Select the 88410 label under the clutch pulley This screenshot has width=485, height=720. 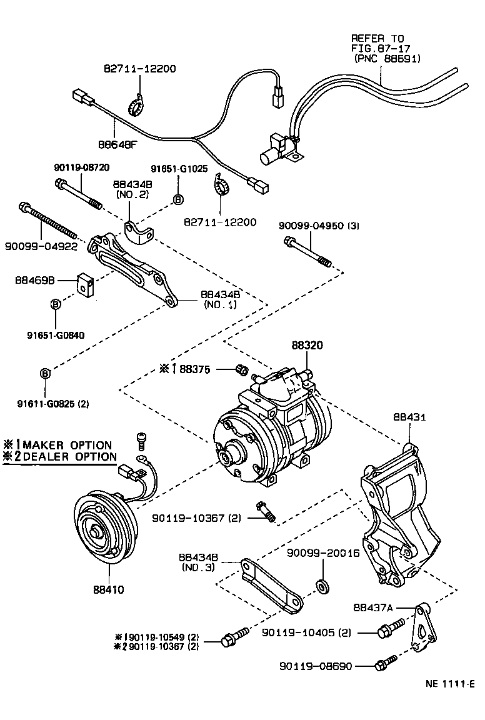click(109, 589)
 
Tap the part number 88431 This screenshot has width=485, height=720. click(409, 416)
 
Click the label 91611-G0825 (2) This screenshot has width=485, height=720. click(53, 404)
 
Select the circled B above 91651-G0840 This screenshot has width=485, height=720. click(56, 304)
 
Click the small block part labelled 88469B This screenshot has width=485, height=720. click(84, 284)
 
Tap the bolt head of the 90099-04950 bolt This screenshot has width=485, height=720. click(289, 241)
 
